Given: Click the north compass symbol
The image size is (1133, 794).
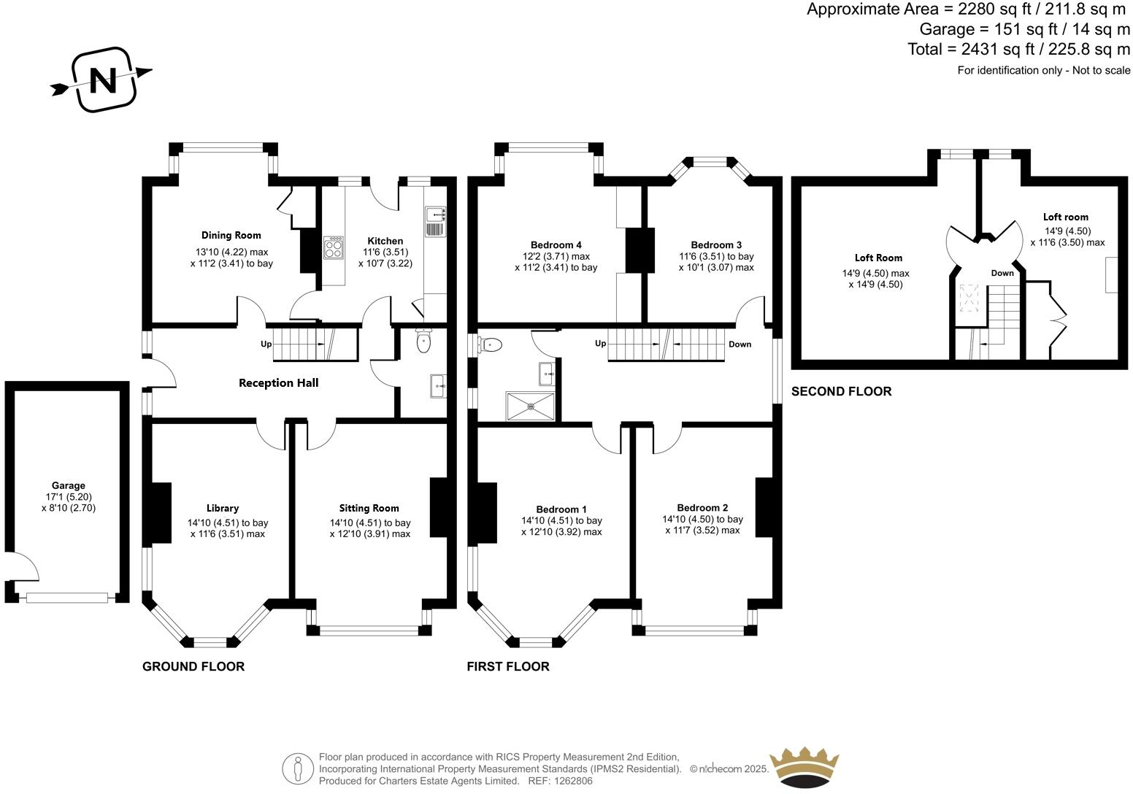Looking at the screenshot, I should (103, 80).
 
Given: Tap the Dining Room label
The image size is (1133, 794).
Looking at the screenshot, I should (231, 235).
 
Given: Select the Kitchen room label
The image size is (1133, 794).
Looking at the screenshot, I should (385, 241).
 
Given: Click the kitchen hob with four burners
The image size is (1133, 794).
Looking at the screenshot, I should (334, 248).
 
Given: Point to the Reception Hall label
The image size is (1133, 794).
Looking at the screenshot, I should (278, 382).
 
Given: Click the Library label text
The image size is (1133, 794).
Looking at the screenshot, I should (222, 508).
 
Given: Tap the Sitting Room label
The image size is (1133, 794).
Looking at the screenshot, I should (369, 508).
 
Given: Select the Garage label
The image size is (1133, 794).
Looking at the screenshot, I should (68, 485).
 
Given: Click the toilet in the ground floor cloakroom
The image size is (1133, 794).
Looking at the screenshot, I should (423, 341).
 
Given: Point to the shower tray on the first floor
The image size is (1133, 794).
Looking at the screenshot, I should (531, 406).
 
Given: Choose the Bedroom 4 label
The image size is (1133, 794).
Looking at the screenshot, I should (556, 244).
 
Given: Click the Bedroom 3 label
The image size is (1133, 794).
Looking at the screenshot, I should (716, 244).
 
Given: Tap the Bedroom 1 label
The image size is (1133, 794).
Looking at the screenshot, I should (561, 509).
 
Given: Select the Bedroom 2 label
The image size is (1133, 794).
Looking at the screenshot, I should (702, 508).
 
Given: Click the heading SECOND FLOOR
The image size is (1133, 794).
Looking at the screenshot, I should (841, 391).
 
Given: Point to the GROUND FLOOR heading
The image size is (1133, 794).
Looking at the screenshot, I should (193, 666).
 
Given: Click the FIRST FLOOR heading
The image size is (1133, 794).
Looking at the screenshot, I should (507, 666).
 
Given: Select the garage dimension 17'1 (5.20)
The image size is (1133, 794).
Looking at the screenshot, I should (68, 497).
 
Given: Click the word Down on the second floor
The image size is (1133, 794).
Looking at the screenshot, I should (1002, 273).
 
